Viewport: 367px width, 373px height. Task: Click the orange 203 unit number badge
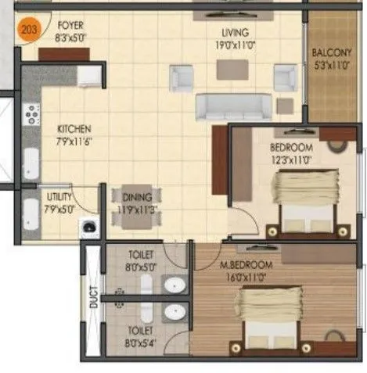tap(28, 32)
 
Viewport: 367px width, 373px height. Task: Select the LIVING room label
tap(234, 32)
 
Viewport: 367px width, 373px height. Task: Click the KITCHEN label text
tap(75, 128)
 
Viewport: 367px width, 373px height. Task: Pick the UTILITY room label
tap(59, 198)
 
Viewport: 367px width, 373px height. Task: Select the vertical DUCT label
tap(93, 298)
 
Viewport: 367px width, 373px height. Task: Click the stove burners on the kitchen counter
tap(31, 114)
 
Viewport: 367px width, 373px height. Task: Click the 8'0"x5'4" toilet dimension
tap(142, 343)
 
